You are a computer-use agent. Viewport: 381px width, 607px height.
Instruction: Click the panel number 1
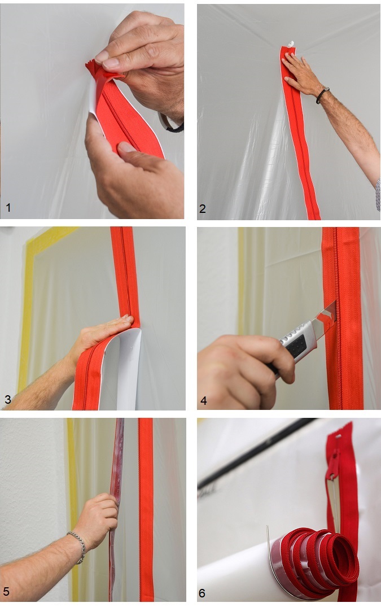pos(8,207)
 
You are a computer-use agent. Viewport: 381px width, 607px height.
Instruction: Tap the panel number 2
pos(202,209)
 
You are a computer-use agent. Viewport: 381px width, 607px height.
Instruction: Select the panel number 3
pos(8,399)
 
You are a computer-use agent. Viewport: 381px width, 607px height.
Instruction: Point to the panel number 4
pos(203,401)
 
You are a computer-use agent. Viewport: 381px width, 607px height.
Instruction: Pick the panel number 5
pos(6,591)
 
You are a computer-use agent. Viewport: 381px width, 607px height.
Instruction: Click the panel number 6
pos(202,593)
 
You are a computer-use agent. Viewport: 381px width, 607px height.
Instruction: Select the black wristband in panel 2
pos(322,95)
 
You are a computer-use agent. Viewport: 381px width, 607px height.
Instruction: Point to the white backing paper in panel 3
pos(120,368)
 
